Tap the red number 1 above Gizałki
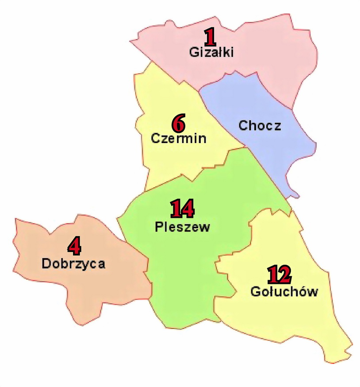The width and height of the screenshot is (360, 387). (210, 38)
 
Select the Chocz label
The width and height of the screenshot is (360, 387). (260, 125)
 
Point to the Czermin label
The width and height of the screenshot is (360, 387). (179, 138)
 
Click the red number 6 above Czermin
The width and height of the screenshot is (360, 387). (178, 124)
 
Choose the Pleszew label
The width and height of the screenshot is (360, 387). (182, 227)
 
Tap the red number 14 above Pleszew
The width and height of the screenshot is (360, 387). (182, 209)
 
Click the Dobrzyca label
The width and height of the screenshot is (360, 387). (73, 264)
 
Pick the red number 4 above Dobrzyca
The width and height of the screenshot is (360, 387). (74, 246)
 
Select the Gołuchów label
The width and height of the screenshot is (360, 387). (284, 292)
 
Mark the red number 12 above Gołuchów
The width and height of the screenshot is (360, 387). (279, 275)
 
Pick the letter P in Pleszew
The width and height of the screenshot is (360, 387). (159, 227)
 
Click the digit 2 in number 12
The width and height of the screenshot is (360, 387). (284, 275)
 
